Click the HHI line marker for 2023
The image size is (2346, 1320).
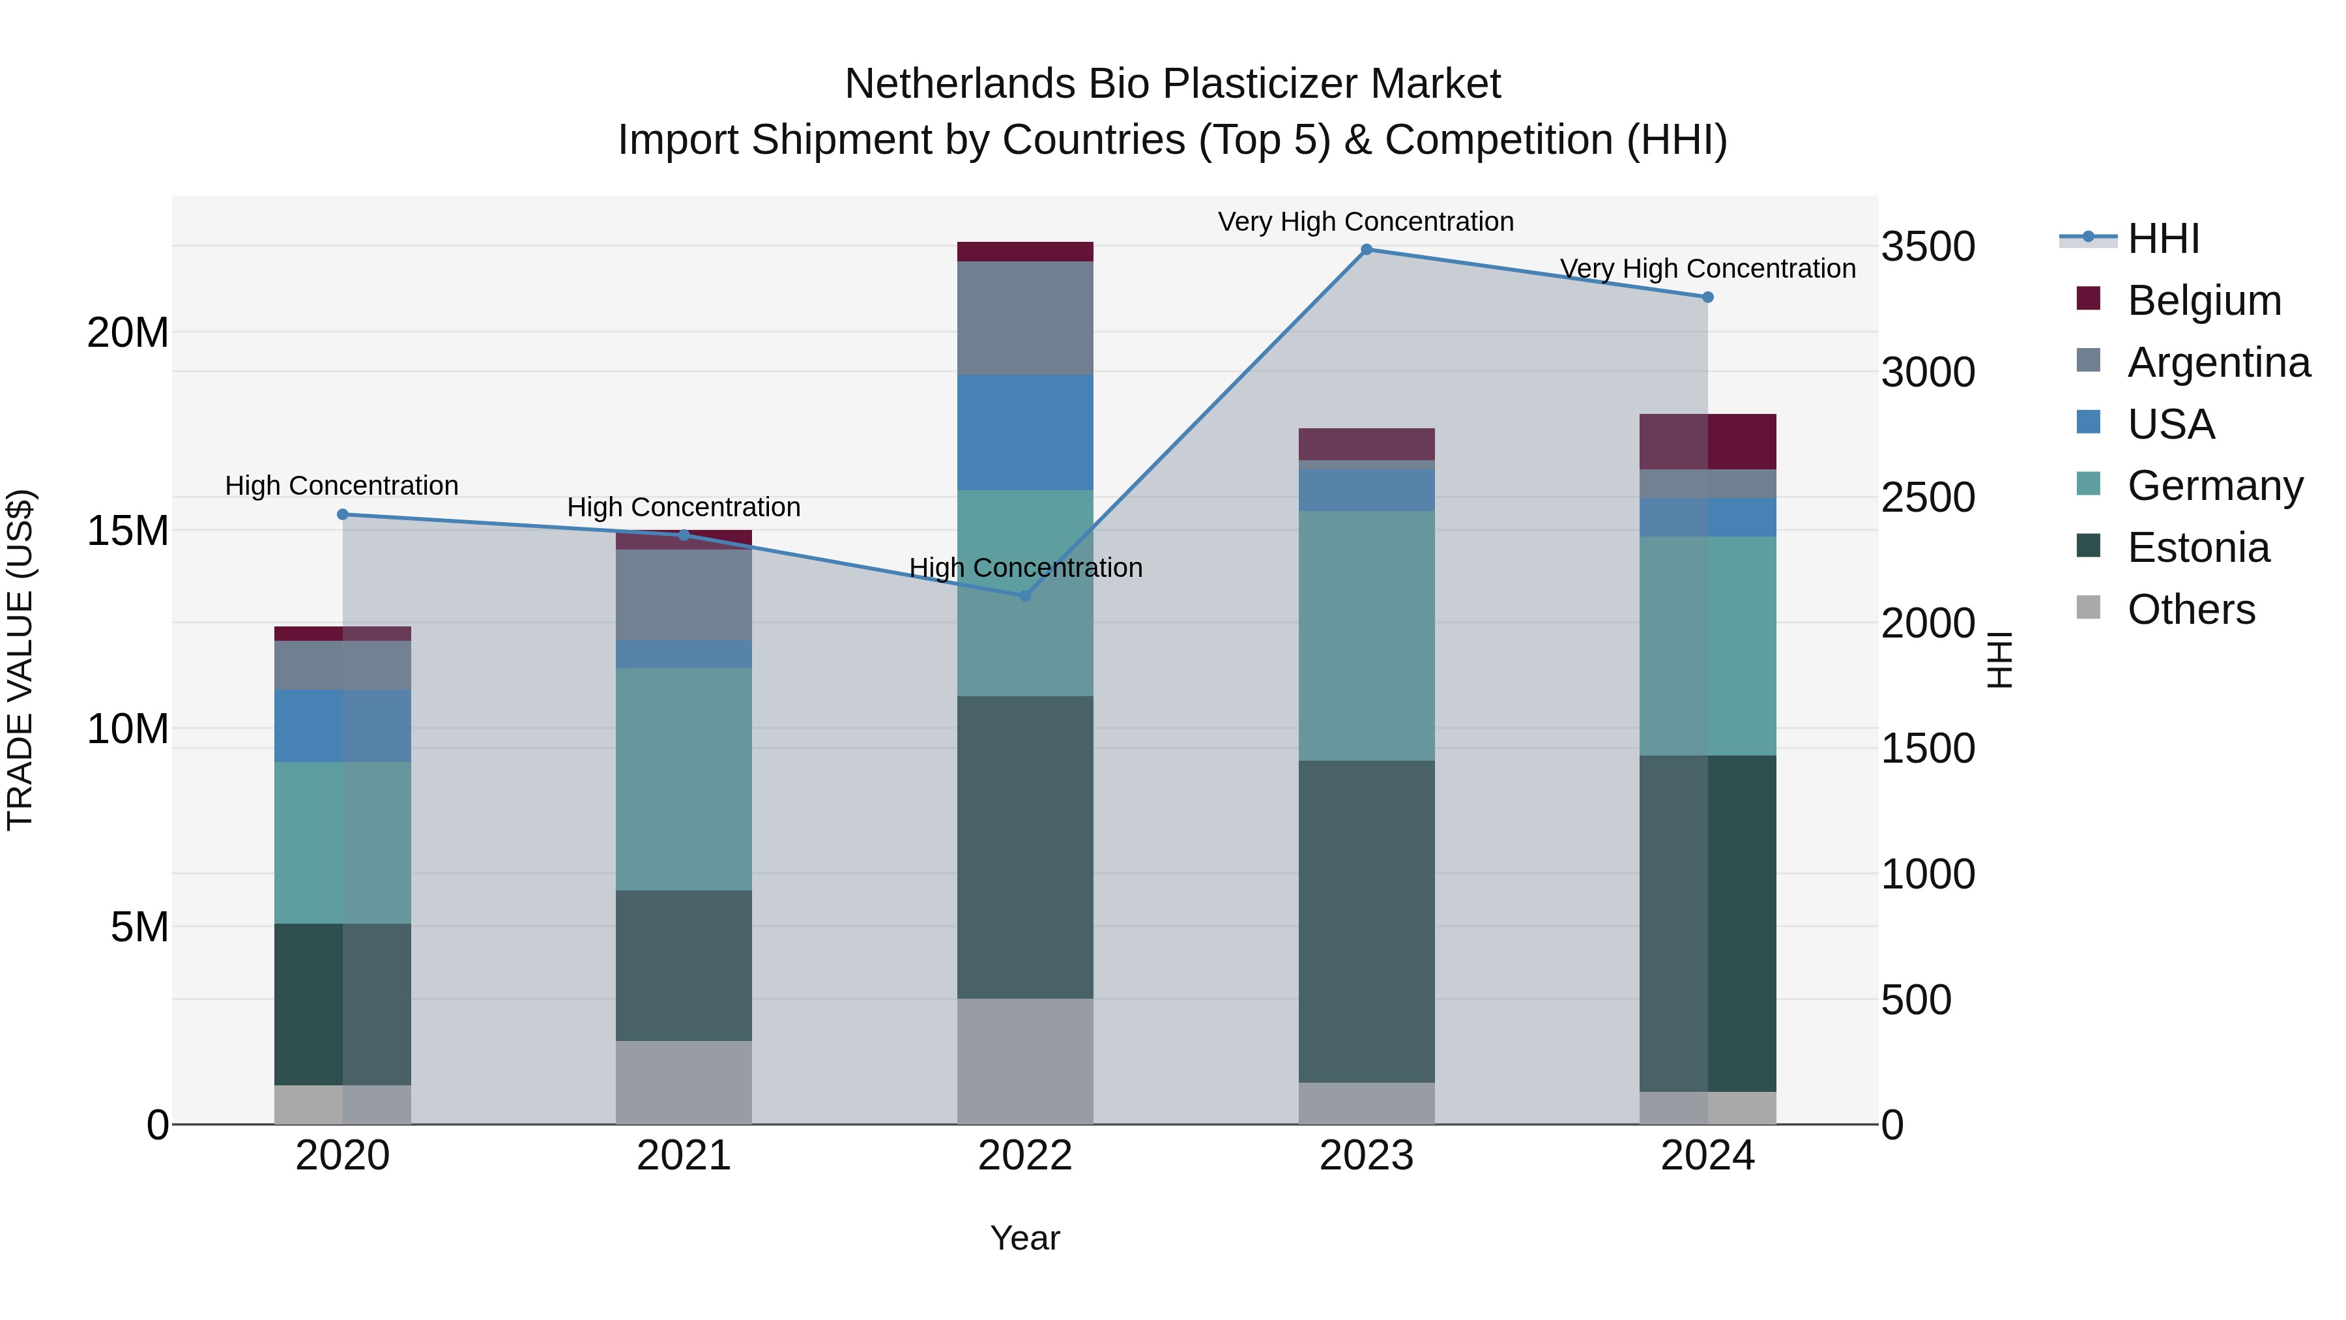coord(1366,250)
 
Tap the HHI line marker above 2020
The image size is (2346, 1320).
coord(342,515)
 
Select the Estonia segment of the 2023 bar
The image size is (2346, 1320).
coord(1366,921)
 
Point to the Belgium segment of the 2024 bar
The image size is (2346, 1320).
coord(1707,442)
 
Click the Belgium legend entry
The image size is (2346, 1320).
coord(2204,301)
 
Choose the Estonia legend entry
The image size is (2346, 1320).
coord(2197,548)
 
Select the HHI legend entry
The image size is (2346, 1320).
coord(2163,239)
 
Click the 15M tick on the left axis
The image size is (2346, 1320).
coord(128,530)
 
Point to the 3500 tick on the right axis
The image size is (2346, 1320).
coord(1928,247)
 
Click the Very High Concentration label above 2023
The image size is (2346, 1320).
coord(1365,222)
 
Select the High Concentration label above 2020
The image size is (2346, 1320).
coord(341,486)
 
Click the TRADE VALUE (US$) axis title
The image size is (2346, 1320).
coord(20,660)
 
